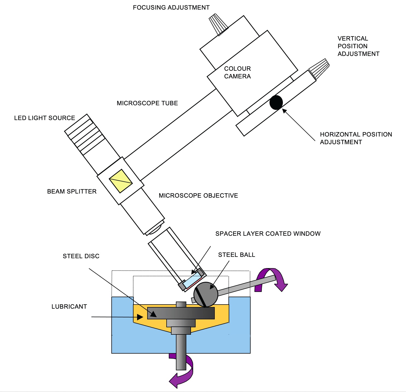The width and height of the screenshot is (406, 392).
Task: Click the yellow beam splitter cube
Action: click(x=121, y=181)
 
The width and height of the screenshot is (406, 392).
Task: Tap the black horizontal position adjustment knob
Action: click(x=276, y=103)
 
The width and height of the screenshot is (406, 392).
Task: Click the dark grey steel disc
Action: click(x=181, y=313)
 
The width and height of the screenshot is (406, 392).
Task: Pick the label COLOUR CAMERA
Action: click(x=237, y=72)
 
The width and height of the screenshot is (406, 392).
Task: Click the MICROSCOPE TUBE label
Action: click(x=147, y=103)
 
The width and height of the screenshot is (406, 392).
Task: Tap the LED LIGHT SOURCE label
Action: click(x=45, y=118)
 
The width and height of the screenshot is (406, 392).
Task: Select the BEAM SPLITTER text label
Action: click(x=72, y=191)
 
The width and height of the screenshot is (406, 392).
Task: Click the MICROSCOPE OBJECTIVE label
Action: click(x=198, y=195)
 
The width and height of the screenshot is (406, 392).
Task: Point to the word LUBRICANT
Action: click(x=69, y=306)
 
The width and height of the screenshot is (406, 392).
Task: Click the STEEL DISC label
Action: click(x=81, y=256)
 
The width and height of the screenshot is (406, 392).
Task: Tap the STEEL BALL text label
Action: click(x=236, y=255)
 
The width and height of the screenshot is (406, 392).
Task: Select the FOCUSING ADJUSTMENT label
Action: click(x=171, y=7)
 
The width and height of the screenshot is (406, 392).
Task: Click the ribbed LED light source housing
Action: click(x=85, y=134)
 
